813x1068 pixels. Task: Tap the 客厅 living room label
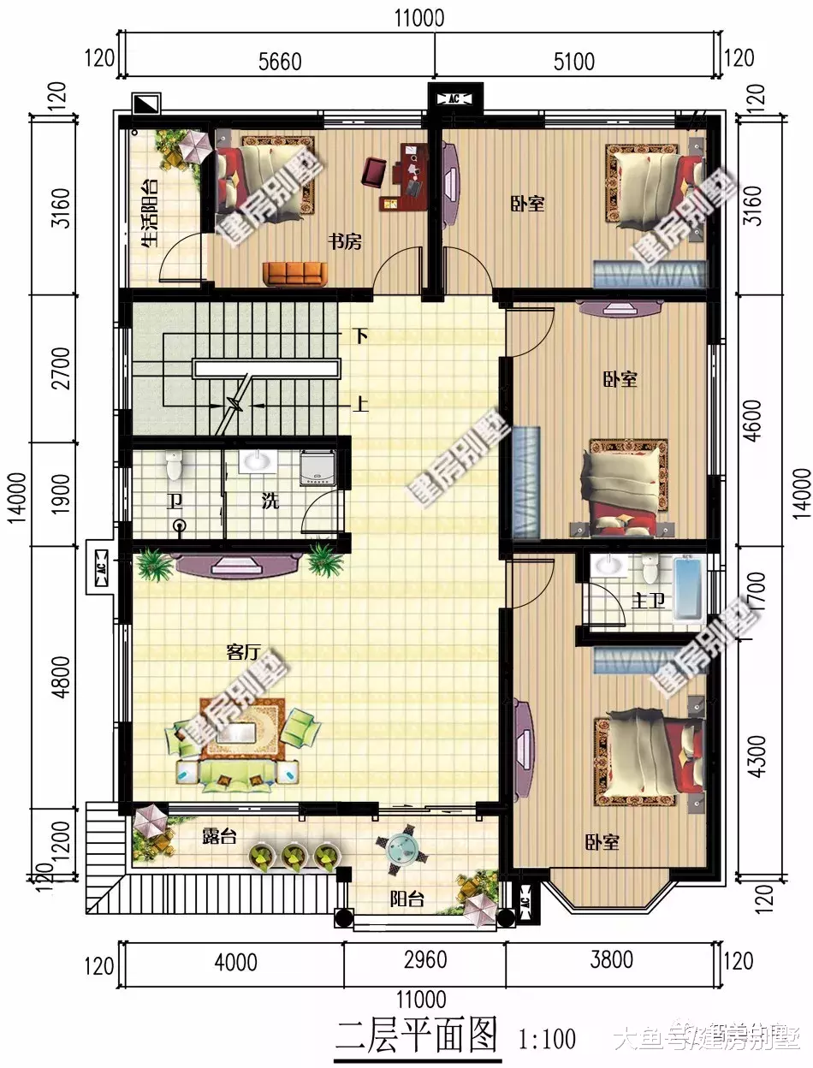(x=242, y=652)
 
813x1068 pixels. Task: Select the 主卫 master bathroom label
(x=648, y=601)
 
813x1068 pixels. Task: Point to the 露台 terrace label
(x=219, y=836)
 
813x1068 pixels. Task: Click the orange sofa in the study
(x=294, y=274)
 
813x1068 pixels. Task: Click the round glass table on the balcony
(x=400, y=849)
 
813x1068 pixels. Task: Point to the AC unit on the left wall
(x=100, y=567)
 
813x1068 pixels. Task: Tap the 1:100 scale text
(x=548, y=1039)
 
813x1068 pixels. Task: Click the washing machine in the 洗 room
(x=317, y=466)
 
